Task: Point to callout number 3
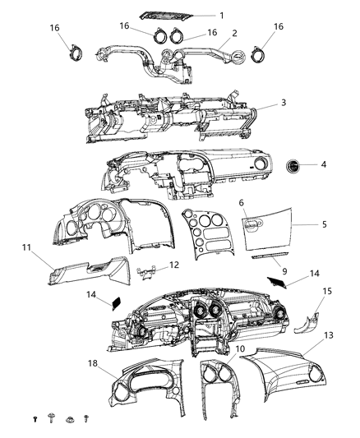(283, 103)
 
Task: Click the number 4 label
(323, 164)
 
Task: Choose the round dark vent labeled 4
(293, 165)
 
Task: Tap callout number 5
(325, 223)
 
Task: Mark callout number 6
(241, 202)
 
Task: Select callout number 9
(284, 270)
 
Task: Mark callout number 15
(326, 291)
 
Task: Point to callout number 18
(96, 362)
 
